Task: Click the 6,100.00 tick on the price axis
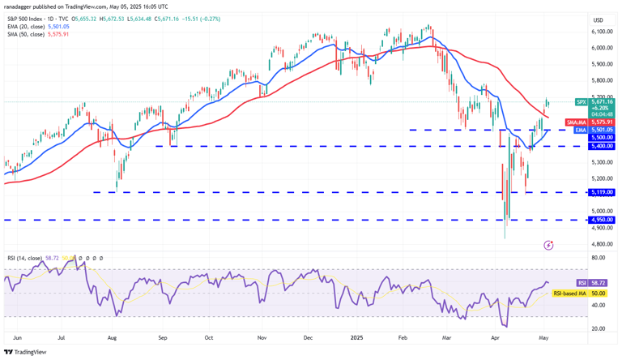pyautogui.click(x=600, y=32)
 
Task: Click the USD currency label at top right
pyautogui.click(x=599, y=19)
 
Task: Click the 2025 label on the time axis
pyautogui.click(x=357, y=336)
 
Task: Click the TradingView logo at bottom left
pyautogui.click(x=26, y=352)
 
